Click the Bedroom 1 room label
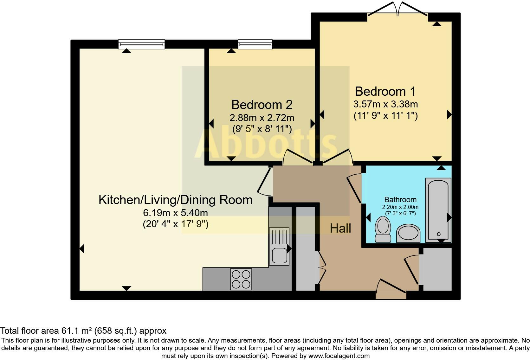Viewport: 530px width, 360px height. coord(385,92)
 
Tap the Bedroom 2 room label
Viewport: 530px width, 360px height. coord(262,105)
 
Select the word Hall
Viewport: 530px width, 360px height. coord(340,228)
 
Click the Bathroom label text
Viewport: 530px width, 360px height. coord(400,200)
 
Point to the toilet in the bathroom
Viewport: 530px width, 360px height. coord(383,229)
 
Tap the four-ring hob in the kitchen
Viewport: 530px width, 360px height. coord(241,279)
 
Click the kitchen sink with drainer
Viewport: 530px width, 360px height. coord(279,246)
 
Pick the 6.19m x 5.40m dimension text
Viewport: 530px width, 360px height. coord(175,213)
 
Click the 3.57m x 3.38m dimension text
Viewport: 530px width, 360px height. coord(385,104)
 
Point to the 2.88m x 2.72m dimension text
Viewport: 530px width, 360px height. coord(262,118)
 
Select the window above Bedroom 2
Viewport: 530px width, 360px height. coord(255,44)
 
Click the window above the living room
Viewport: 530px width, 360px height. coord(141,44)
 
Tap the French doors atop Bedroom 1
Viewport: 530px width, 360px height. coord(398,10)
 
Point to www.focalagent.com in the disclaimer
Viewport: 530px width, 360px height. coord(339,356)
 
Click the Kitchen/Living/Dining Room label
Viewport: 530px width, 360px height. coord(175,200)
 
